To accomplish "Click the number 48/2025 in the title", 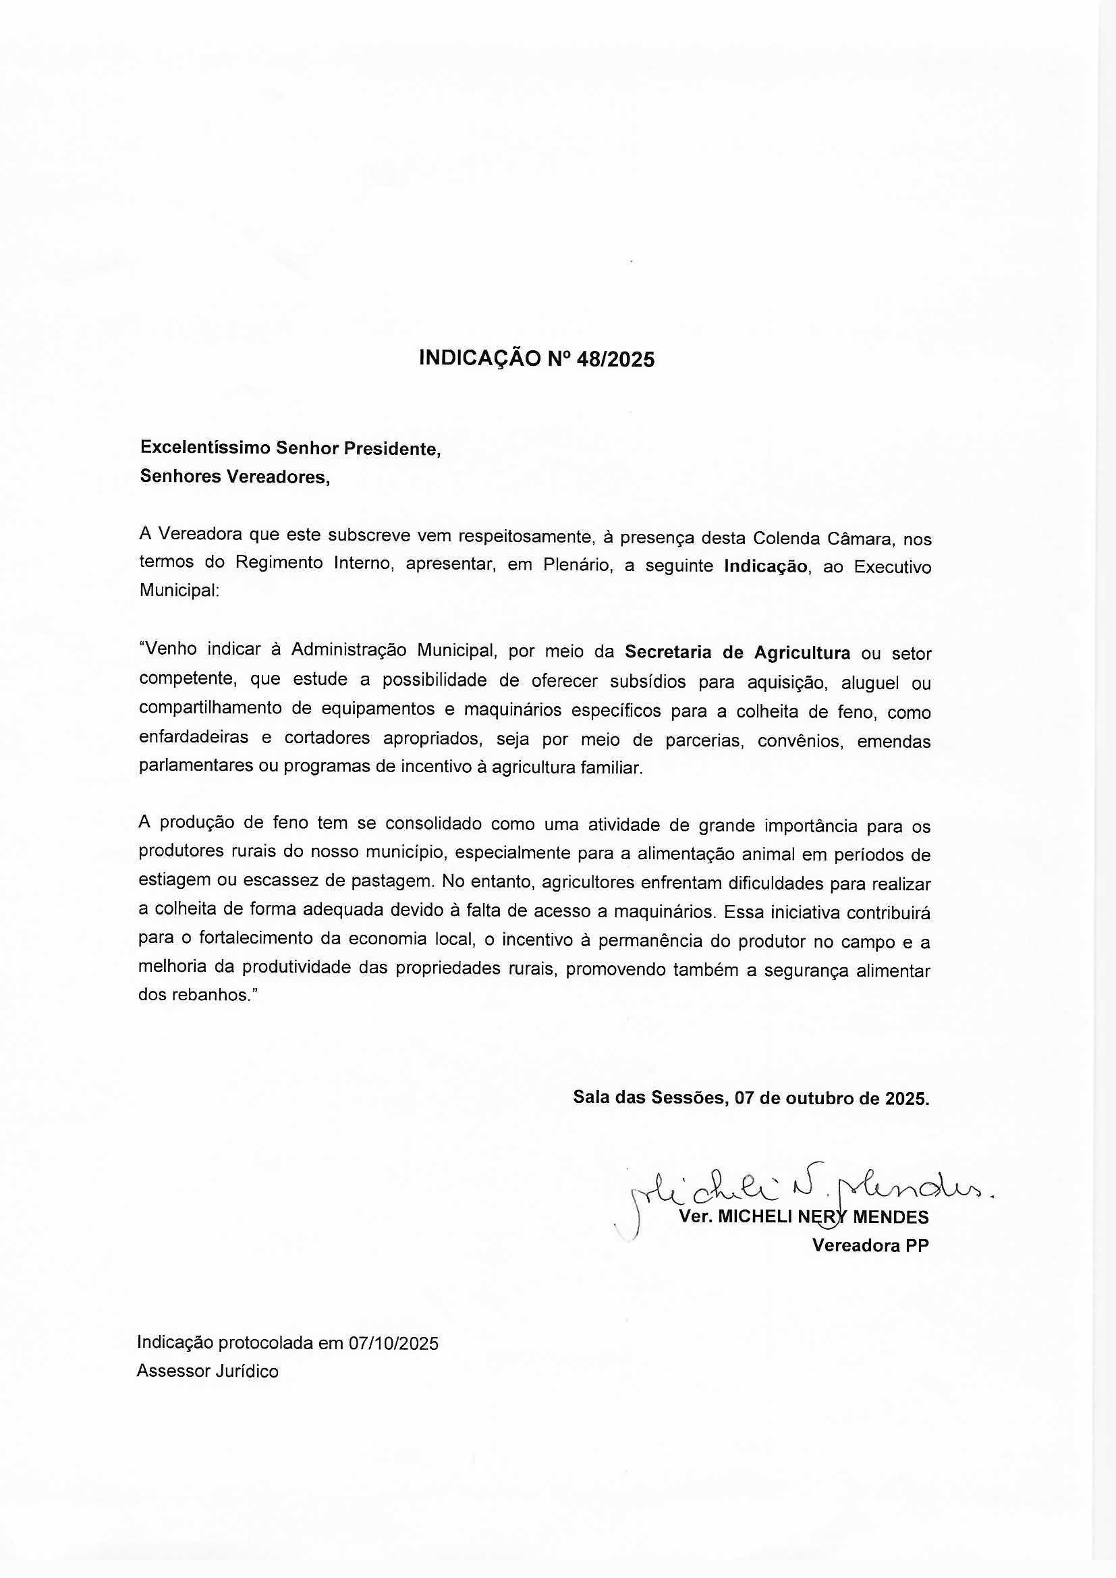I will (x=617, y=360).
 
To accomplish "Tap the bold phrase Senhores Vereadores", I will (x=234, y=477).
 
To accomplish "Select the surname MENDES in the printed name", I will (x=891, y=1217).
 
